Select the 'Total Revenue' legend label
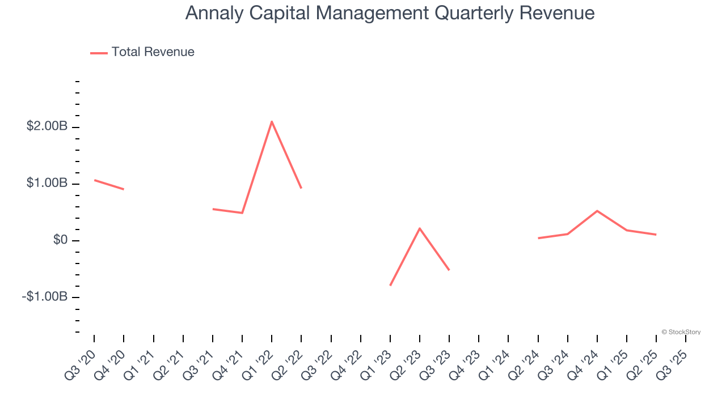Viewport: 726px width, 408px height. click(153, 52)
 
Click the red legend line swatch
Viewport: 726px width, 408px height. click(99, 53)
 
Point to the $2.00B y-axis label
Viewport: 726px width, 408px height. click(47, 126)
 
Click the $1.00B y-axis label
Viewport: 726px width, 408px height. click(47, 184)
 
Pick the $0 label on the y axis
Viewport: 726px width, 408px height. click(60, 240)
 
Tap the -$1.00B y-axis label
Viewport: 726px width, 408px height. click(45, 297)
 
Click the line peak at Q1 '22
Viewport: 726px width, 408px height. click(272, 121)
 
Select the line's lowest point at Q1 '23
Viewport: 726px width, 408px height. click(390, 285)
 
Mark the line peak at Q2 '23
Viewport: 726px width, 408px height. click(420, 228)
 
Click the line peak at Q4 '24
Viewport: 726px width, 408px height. click(597, 211)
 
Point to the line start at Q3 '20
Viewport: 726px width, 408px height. click(95, 180)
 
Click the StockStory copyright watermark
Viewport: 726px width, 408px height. click(681, 332)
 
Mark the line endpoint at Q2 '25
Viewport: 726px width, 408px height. click(656, 235)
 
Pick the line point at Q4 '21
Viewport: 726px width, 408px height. click(242, 213)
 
